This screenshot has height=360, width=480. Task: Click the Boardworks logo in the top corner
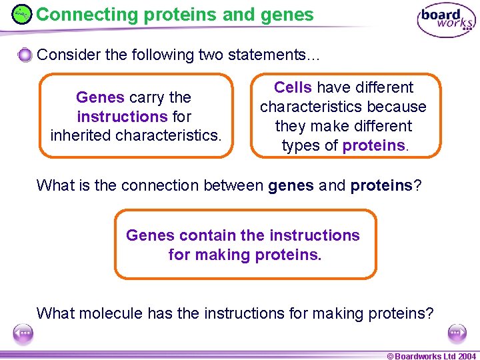click(446, 21)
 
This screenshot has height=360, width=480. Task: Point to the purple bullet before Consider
click(25, 55)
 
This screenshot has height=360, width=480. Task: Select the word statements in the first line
click(273, 55)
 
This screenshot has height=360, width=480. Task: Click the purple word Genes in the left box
click(100, 97)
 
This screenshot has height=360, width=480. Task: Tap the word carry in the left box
click(146, 97)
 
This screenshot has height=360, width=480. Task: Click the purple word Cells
click(293, 87)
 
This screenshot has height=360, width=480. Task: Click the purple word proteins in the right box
click(373, 145)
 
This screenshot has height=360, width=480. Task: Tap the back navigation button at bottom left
click(23, 333)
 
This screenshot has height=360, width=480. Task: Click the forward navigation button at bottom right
click(457, 333)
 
